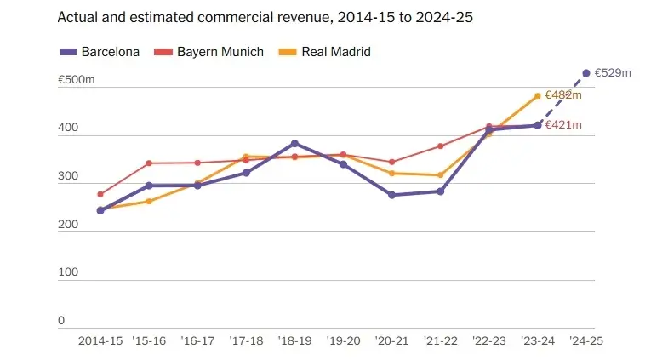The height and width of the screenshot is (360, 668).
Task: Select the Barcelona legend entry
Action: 100,52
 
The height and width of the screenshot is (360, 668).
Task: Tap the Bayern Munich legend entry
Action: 209,52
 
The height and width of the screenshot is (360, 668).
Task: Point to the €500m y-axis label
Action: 76,79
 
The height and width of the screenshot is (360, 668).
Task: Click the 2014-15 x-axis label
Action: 100,340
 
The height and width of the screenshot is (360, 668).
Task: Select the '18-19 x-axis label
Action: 294,340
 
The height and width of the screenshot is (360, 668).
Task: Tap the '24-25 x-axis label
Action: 585,340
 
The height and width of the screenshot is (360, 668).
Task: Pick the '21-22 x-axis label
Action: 440,340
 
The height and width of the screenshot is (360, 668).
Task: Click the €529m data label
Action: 613,73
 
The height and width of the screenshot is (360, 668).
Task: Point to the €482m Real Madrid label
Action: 563,95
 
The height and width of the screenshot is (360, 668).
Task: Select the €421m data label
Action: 563,125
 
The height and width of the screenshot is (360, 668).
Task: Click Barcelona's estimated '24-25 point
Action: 586,73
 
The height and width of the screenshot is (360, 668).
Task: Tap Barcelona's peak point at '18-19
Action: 294,143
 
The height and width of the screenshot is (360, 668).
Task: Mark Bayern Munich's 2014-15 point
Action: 100,195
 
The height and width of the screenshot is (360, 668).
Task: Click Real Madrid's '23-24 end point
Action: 537,96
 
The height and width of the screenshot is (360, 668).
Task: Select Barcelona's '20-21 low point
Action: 391,195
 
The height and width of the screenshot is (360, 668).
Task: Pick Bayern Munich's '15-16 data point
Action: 149,163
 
